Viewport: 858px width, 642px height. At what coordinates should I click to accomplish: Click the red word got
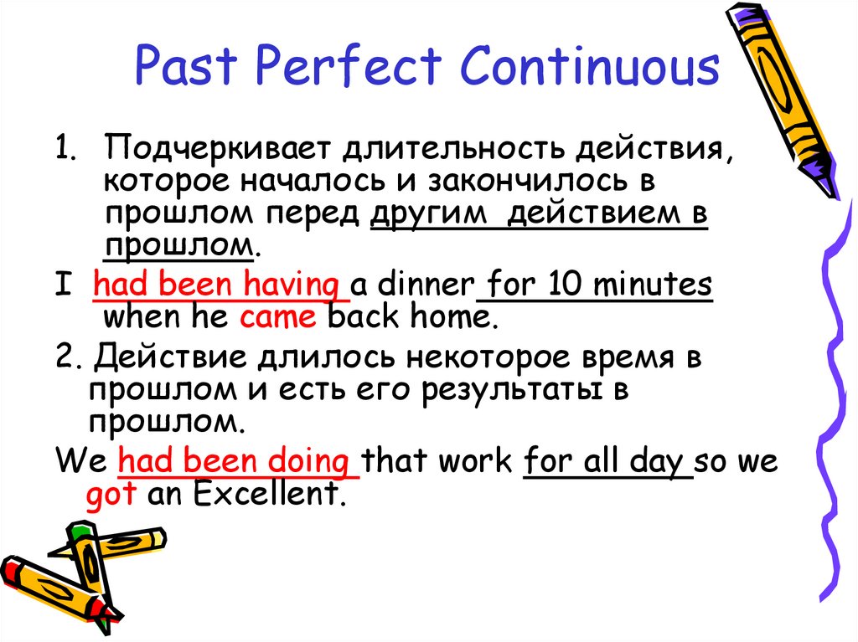[111, 494]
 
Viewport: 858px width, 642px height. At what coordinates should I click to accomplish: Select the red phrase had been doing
[238, 461]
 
